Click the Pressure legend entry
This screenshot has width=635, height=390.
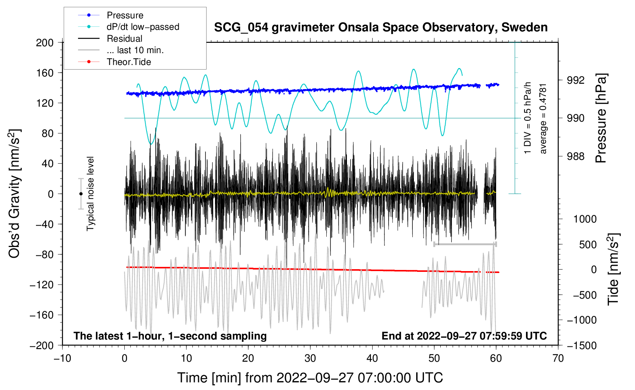coord(125,15)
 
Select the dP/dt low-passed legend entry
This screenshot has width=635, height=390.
coord(143,27)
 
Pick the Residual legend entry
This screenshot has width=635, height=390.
coord(124,39)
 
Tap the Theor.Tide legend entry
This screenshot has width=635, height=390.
coord(129,62)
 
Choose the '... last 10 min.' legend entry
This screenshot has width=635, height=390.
coord(135,50)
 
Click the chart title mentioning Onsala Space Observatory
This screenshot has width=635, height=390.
coord(381,28)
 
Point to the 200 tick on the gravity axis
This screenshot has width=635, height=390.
coord(45,42)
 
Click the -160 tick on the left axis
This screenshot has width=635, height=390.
coord(42,315)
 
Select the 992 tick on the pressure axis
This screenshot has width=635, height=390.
coord(576,80)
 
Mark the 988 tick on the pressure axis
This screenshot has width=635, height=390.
coord(576,156)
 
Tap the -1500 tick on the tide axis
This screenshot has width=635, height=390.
coord(581,345)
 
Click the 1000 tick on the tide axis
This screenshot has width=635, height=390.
coord(585,219)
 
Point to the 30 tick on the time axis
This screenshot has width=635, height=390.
coord(310,358)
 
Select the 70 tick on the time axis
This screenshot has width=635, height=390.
coord(558,358)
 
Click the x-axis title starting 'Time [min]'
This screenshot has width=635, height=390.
coord(310,378)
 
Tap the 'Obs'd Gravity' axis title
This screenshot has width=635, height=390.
coord(14,193)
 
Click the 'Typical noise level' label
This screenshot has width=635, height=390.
coord(90,193)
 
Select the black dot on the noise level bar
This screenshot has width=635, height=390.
coord(81,194)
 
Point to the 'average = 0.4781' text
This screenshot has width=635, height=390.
coord(543,119)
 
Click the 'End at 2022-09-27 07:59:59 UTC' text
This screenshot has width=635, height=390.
coord(464,336)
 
